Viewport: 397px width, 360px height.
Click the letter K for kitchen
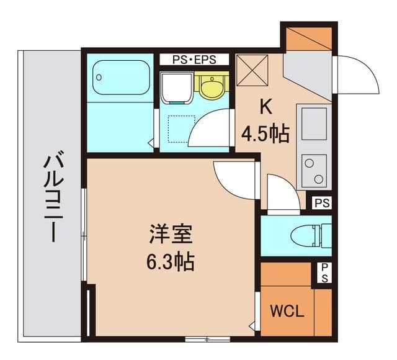pyautogui.click(x=265, y=107)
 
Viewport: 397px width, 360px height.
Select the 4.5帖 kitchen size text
pyautogui.click(x=265, y=132)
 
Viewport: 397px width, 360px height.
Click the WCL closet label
pyautogui.click(x=286, y=310)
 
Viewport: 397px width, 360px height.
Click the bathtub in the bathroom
pyautogui.click(x=118, y=79)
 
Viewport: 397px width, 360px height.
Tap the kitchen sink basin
pyautogui.click(x=313, y=123)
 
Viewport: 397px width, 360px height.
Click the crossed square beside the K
pyautogui.click(x=252, y=70)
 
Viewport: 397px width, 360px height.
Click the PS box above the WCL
pyautogui.click(x=323, y=272)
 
